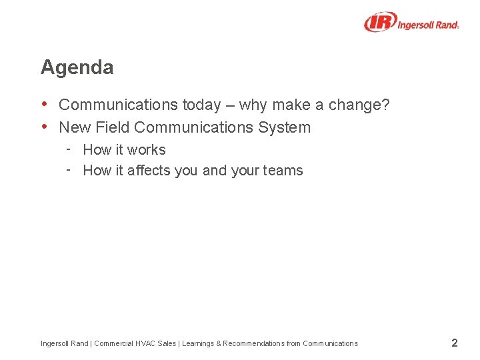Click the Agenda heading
[77, 67]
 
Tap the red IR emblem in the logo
[381, 22]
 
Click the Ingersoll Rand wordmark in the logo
[429, 25]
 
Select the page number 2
[454, 343]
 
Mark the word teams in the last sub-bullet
[283, 171]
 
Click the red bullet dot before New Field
[45, 127]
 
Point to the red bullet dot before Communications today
[45, 104]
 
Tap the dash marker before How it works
[69, 149]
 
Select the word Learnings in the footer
[197, 343]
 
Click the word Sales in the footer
[167, 343]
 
